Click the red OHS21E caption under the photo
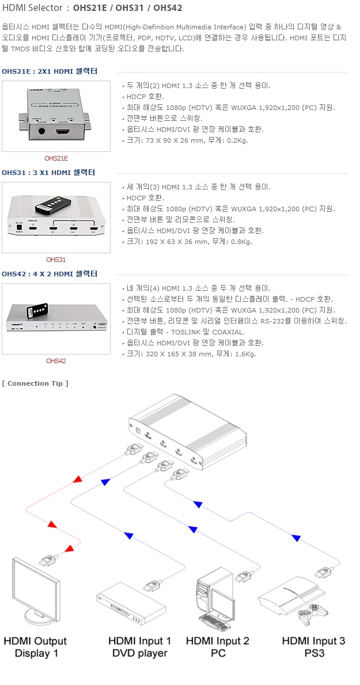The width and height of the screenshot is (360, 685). tap(56, 158)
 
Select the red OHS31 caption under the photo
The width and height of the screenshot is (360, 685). tap(56, 260)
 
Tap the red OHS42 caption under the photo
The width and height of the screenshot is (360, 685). tap(56, 361)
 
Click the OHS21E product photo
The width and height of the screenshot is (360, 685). tap(56, 116)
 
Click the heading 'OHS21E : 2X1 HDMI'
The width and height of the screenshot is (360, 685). tap(49, 71)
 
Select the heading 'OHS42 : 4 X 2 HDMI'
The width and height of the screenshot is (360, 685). tap(49, 273)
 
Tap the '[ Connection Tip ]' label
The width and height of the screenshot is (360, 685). tap(35, 383)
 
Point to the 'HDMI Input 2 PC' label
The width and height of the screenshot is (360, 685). tap(218, 647)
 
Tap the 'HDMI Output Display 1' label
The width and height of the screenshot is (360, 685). tap(35, 647)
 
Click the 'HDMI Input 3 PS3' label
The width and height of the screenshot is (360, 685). tap(314, 647)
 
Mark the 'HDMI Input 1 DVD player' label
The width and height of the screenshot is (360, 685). tap(140, 647)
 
